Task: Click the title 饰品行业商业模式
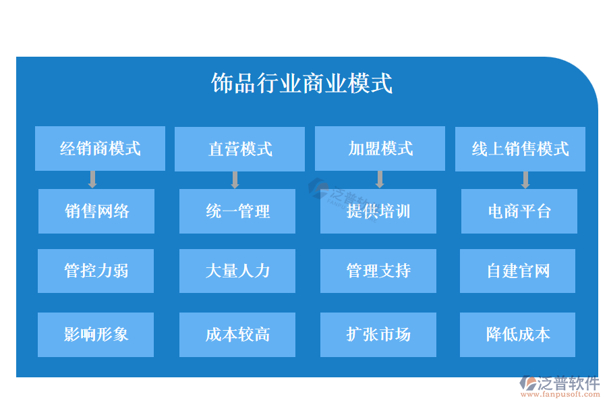tap(301, 83)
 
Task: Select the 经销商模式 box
tap(100, 148)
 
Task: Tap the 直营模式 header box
tap(239, 149)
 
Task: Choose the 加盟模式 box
tap(380, 148)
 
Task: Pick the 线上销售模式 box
tap(520, 149)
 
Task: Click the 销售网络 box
tap(96, 211)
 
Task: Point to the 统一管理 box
tap(237, 211)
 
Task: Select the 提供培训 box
tap(378, 211)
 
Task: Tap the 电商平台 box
tap(519, 211)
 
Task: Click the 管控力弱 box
tap(96, 271)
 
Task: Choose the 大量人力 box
tap(237, 271)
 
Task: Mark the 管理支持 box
tap(378, 271)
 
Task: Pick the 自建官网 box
tap(517, 271)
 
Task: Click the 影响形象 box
tap(96, 335)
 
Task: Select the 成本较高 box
tap(237, 335)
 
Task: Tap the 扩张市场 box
tap(378, 335)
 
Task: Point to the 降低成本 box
tap(517, 335)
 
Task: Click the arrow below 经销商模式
tap(92, 180)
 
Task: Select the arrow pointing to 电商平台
tap(525, 180)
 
